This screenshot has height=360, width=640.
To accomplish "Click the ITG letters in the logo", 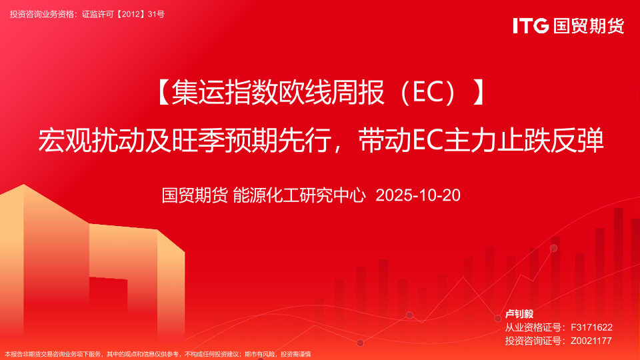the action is (x=531, y=26).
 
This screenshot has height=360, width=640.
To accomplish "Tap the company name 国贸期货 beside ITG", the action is (x=589, y=26).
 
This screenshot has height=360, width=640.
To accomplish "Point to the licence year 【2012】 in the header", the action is (x=131, y=14).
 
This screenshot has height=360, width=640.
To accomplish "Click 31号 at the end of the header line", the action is (x=156, y=14).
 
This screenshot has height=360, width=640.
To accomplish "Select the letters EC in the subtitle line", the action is (x=428, y=140).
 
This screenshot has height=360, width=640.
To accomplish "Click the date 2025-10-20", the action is (x=418, y=195).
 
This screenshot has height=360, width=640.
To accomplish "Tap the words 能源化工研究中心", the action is (x=299, y=195).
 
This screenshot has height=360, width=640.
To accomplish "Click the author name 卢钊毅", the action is (x=519, y=314).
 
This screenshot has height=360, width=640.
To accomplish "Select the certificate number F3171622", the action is (x=591, y=327).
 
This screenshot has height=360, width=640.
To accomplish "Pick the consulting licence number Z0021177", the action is (x=591, y=341).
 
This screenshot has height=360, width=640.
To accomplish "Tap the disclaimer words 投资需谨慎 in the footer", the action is (x=295, y=354).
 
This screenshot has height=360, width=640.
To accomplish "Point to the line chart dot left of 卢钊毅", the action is (x=497, y=319).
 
